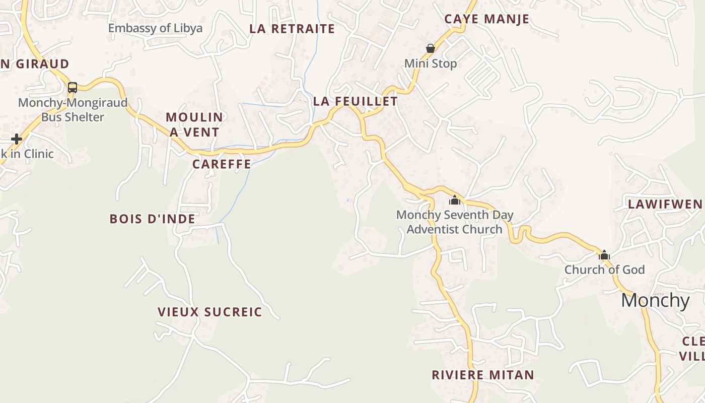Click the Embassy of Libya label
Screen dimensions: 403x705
click(x=155, y=28)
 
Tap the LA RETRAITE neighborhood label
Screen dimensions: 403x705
click(x=292, y=29)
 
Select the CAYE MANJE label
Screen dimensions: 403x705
click(x=486, y=19)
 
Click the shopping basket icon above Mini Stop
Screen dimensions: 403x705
click(x=430, y=48)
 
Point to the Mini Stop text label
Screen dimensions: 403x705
click(x=431, y=63)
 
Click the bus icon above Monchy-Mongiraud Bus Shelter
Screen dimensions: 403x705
click(x=73, y=88)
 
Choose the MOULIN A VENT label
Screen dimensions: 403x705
click(x=194, y=124)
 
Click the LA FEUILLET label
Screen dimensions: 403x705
click(x=355, y=101)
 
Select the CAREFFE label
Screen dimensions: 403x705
click(x=222, y=164)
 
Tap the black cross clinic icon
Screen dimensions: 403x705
click(x=17, y=139)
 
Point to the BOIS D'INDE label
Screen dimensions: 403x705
click(x=152, y=219)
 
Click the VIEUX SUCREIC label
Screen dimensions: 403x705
click(x=209, y=312)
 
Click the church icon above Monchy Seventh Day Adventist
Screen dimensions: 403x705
click(x=455, y=200)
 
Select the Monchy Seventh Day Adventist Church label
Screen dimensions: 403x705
click(x=455, y=222)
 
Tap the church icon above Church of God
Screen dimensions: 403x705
click(x=604, y=255)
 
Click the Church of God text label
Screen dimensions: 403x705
click(x=604, y=270)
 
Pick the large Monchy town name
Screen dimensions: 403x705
click(x=655, y=300)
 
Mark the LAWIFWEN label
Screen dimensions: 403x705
click(x=664, y=204)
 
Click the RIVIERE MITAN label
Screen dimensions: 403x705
click(x=482, y=375)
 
